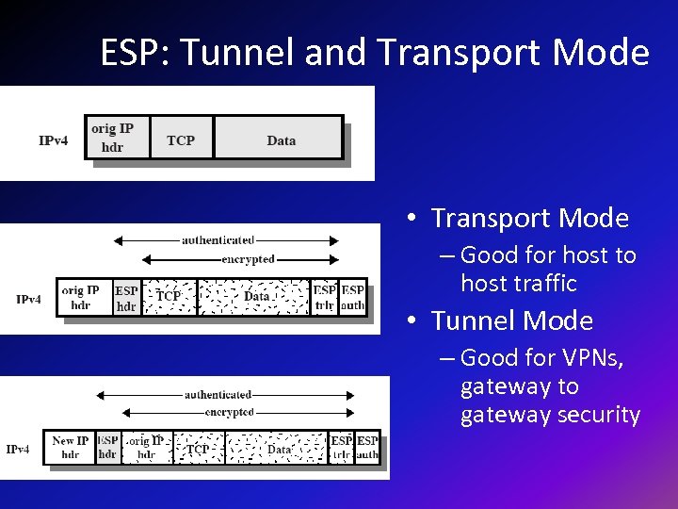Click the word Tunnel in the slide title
pos(231,53)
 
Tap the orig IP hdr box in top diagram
pos(112,138)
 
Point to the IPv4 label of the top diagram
pos(54,140)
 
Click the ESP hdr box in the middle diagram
pos(126,297)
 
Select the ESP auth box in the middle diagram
pos(353,297)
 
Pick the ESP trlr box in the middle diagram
pos(325,297)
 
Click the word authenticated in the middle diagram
pos(218,240)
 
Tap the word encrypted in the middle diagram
pos(248,259)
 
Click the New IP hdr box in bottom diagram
pos(71,447)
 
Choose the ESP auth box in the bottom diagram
pos(367,447)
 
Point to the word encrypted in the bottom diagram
pos(230,412)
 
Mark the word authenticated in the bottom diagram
pos(218,395)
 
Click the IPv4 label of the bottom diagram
pos(18,449)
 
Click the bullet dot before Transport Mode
pos(412,220)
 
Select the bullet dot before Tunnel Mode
pos(412,322)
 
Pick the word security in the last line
pos(598,415)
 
